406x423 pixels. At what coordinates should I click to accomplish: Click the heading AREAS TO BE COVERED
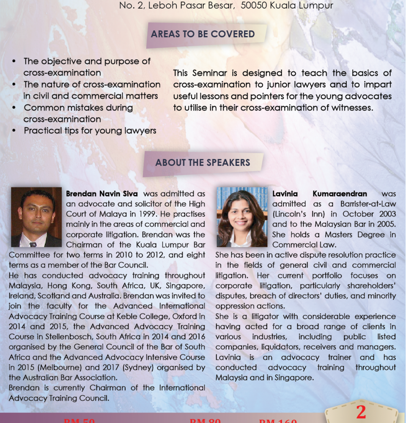[203, 34]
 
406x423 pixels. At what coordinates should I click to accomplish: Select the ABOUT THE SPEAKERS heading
[203, 162]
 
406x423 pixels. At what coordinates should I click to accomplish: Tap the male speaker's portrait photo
[36, 217]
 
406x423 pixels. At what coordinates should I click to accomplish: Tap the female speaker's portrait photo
[242, 217]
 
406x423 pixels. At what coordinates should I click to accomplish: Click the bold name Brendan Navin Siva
[101, 194]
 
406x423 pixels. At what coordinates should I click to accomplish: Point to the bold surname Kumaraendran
[340, 194]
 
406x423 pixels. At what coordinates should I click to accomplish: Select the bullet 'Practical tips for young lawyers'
[90, 131]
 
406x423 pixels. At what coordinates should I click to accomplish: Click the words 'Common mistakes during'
[78, 107]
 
